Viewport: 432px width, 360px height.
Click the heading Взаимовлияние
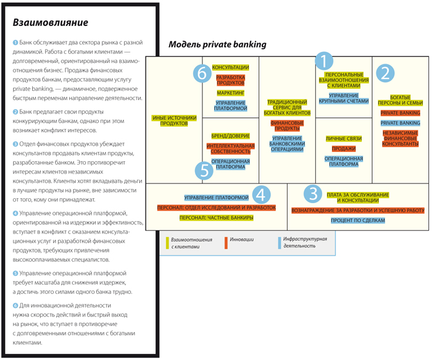(51, 23)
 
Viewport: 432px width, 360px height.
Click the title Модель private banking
(217, 44)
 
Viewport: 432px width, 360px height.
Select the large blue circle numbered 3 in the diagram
(314, 193)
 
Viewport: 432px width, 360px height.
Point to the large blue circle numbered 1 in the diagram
(325, 61)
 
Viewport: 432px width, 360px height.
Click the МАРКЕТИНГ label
(231, 92)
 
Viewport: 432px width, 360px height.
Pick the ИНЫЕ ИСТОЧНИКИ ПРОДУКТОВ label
(174, 120)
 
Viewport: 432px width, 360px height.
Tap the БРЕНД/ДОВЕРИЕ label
(230, 135)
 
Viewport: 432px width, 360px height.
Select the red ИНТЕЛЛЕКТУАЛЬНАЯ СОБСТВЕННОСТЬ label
(230, 149)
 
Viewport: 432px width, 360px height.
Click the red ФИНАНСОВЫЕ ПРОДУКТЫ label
(287, 126)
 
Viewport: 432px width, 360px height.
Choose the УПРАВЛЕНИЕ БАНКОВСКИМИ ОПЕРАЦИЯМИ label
(287, 144)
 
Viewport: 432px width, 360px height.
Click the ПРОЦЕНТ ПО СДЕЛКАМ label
(359, 220)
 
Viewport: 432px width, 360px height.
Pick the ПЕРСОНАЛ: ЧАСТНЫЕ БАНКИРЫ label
(217, 218)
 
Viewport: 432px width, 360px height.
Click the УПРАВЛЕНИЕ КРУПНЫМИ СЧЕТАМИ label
(344, 99)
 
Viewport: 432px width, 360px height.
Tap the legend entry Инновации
(241, 240)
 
